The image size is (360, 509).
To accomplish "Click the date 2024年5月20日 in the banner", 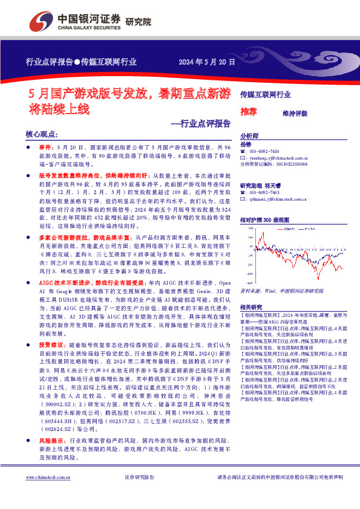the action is pyautogui.click(x=206, y=62).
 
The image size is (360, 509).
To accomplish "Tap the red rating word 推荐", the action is pyautogui.click(x=248, y=112).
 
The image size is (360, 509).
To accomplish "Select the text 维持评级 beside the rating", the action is pyautogui.click(x=295, y=113).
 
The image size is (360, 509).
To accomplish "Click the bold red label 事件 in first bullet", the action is pyautogui.click(x=47, y=147).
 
